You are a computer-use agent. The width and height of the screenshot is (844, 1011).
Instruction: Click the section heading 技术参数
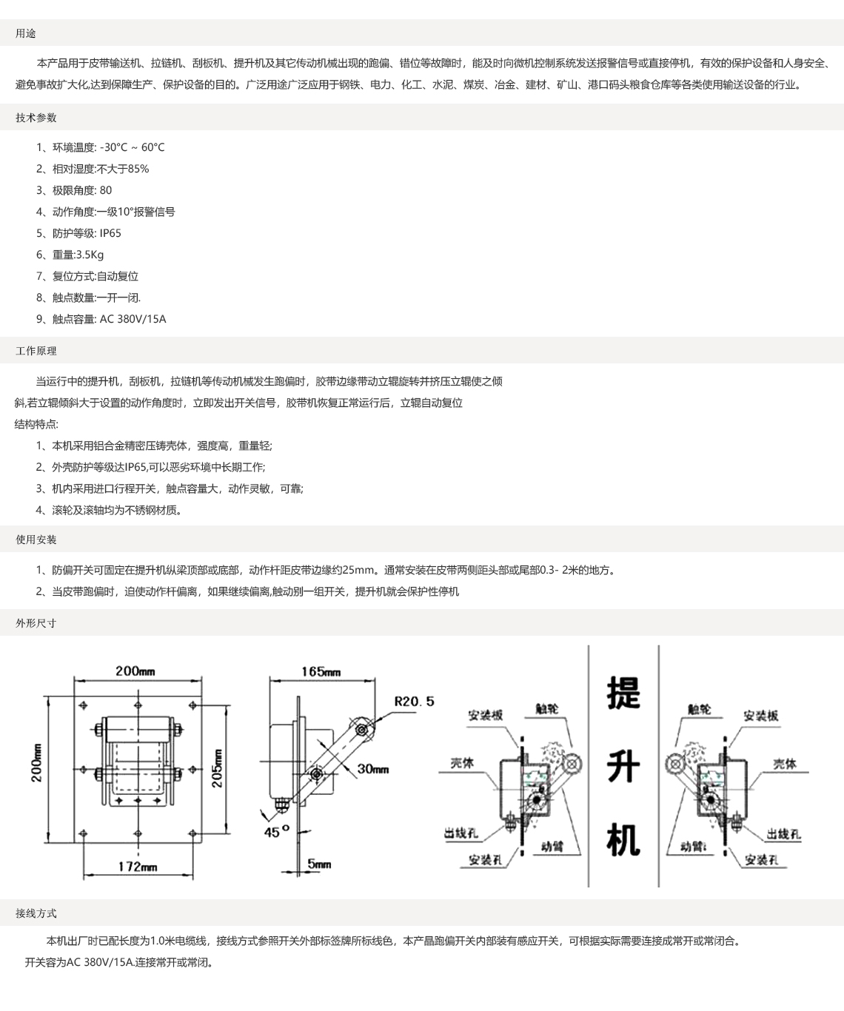(x=36, y=118)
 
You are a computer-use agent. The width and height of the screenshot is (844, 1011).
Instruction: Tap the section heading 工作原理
(x=36, y=351)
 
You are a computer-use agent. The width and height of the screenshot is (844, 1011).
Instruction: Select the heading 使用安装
(x=36, y=540)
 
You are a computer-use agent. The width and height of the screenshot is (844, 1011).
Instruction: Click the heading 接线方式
(x=36, y=914)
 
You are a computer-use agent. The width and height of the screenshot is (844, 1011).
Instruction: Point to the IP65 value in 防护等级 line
(x=110, y=233)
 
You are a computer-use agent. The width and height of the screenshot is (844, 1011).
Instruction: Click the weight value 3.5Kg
(x=90, y=255)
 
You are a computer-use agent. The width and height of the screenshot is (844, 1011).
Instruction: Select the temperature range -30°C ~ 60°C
(x=133, y=147)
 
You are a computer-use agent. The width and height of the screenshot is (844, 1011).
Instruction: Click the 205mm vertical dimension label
(x=218, y=768)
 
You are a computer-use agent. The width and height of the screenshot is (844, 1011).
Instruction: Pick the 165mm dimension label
(x=321, y=671)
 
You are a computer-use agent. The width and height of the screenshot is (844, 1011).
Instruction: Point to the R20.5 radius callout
(x=415, y=702)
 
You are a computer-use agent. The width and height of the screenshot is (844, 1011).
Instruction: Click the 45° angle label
(x=277, y=832)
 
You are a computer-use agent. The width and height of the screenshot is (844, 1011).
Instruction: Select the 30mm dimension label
(x=373, y=769)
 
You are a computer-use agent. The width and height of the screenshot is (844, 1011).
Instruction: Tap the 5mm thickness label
(x=319, y=864)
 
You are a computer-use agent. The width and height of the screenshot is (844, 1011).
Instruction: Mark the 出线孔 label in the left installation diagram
(x=461, y=833)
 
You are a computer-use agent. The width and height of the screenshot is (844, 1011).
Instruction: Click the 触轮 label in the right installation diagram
(x=700, y=710)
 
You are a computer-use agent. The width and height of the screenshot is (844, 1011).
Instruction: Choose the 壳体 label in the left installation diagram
(x=462, y=764)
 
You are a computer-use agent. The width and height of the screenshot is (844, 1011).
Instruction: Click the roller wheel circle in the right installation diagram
(x=674, y=765)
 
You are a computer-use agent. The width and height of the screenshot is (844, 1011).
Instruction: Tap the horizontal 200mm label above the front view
(x=135, y=671)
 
